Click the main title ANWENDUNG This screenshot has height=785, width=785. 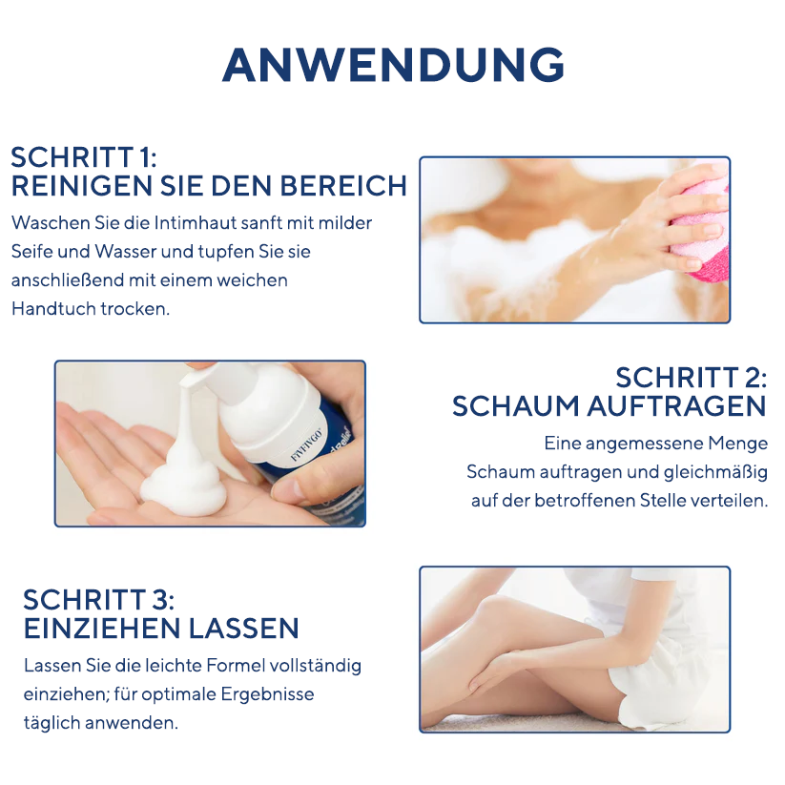[x=392, y=65]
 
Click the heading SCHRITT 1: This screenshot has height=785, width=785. [x=83, y=157]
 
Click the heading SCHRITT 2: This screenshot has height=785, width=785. [x=691, y=377]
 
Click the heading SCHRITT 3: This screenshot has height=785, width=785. [x=98, y=599]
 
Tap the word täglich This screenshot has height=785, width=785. [x=51, y=722]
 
